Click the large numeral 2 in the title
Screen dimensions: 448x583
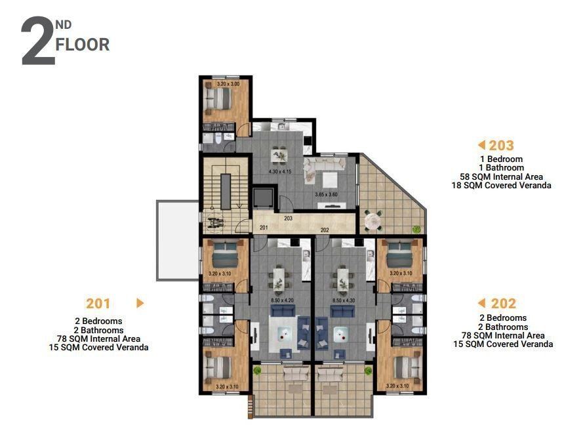38,42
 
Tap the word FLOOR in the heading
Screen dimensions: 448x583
83,45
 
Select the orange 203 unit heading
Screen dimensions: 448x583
502,146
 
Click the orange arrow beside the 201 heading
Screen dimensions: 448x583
140,303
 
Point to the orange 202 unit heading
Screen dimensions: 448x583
504,303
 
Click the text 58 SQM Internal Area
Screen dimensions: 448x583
510,176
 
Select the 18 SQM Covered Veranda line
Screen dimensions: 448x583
510,186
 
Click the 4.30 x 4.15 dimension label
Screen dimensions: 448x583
280,172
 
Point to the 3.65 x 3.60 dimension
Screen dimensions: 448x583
326,194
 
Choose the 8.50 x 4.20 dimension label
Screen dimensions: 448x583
282,301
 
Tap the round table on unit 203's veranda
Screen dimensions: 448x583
375,221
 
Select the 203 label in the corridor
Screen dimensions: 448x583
288,219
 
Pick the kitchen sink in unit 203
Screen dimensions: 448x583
280,127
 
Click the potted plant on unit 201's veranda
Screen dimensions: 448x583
258,372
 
